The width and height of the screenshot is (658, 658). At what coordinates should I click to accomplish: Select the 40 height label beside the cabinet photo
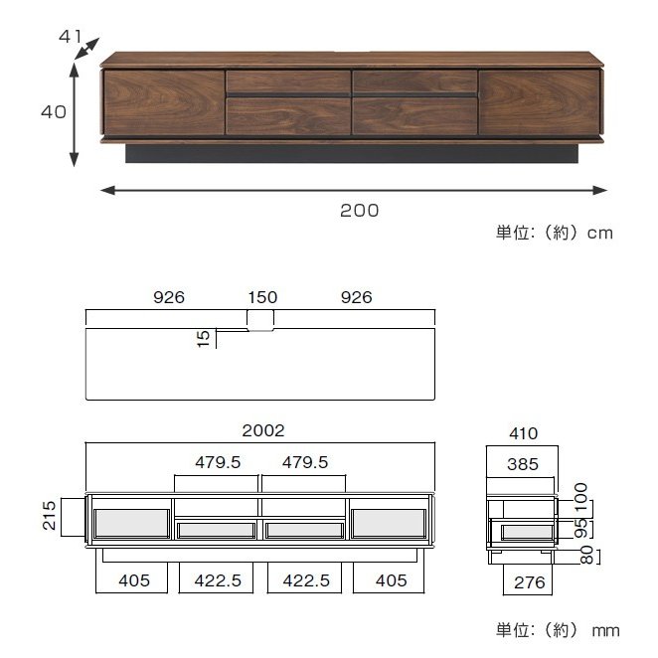click(x=53, y=112)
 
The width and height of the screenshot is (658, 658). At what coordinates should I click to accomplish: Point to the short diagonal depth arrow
click(x=87, y=51)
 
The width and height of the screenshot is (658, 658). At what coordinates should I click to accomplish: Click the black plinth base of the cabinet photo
click(x=352, y=153)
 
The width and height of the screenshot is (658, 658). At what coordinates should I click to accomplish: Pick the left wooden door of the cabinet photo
click(x=164, y=102)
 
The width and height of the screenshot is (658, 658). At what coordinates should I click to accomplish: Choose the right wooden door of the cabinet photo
click(x=539, y=102)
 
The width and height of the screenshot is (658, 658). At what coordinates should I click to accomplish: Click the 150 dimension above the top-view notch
click(x=262, y=297)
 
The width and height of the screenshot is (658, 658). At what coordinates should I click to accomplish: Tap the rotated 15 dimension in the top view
click(x=205, y=339)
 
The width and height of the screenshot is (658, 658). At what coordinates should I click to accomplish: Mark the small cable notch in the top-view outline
click(x=260, y=320)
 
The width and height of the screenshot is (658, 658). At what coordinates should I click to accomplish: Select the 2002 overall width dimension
click(x=263, y=430)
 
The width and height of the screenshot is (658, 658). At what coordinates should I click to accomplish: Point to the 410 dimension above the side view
click(x=523, y=433)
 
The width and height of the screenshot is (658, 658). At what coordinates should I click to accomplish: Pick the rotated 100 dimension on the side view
click(x=583, y=495)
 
